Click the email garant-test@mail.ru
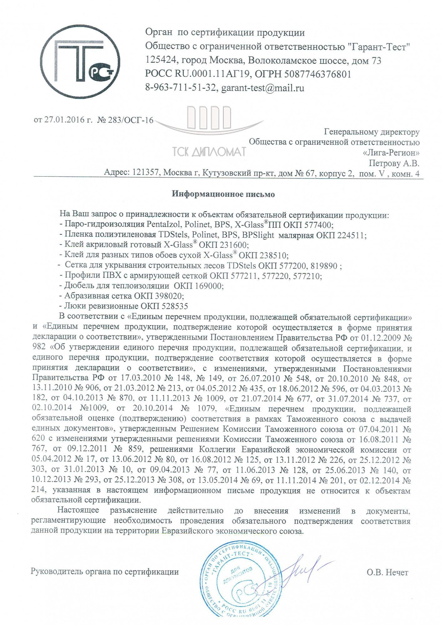pos(263,88)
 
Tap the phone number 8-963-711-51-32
pos(181,88)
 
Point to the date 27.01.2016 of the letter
pos(64,120)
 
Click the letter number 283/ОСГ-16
pos(131,120)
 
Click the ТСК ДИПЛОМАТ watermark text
pos(209,152)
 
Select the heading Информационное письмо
pos(223,194)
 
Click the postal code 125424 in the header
pos(162,61)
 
